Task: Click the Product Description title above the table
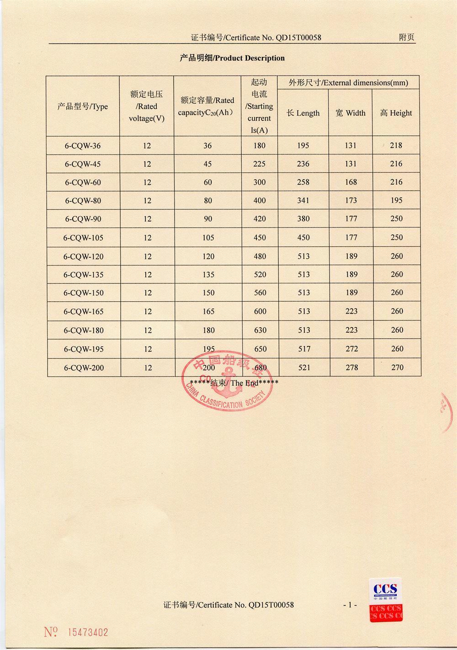coord(232,58)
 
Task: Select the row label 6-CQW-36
coord(83,146)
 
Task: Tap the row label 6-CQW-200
coord(84,368)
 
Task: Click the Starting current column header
coord(259,106)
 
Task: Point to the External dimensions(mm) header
coord(348,83)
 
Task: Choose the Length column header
coord(303,113)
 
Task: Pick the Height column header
coord(396,113)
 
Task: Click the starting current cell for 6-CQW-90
coord(260,219)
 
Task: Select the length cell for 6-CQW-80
coord(303,200)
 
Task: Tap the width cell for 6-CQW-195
coord(351,349)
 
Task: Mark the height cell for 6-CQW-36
coord(396,145)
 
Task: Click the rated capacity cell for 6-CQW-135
coord(208,275)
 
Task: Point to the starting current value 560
coord(260,293)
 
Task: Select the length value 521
coord(304,368)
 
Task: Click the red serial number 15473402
coord(88,633)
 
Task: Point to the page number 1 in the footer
coord(350,605)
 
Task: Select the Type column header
coord(83,107)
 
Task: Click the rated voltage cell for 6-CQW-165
coord(147,312)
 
